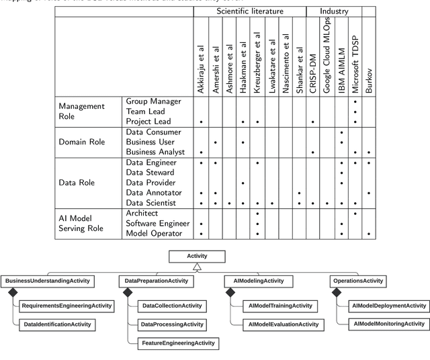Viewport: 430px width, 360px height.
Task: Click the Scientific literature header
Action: (249, 11)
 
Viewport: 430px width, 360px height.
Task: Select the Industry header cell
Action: (333, 11)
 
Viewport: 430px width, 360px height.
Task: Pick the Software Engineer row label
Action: (158, 223)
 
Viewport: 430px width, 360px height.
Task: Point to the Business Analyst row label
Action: (157, 152)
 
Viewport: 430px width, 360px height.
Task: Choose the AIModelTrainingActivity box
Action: (280, 306)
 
